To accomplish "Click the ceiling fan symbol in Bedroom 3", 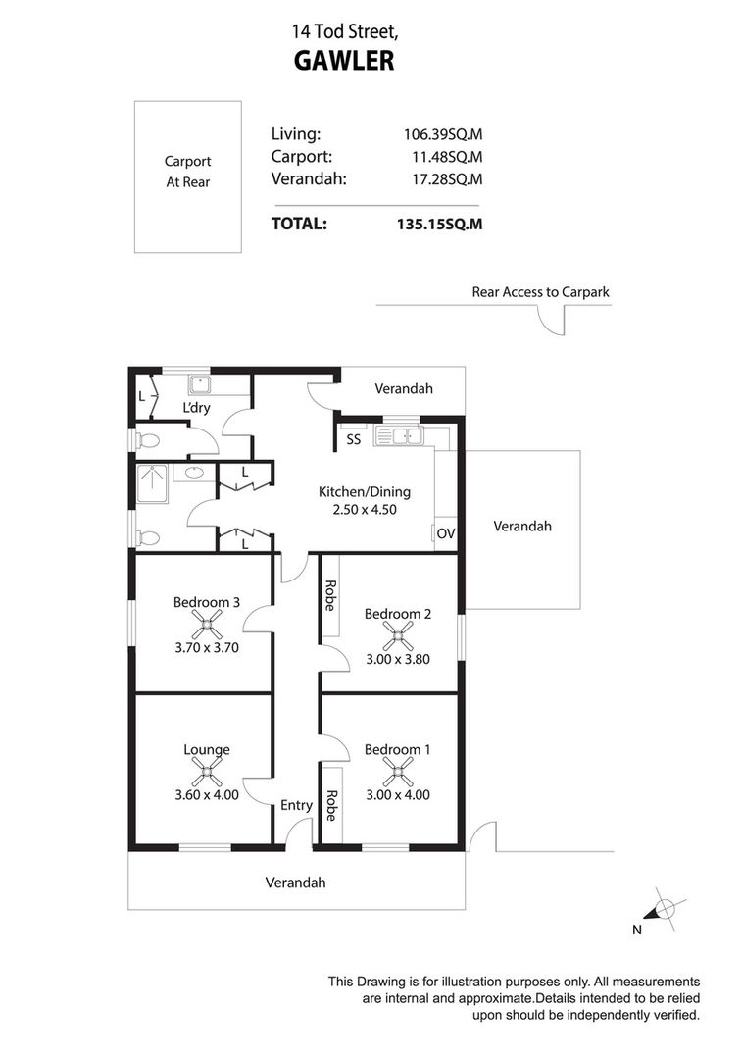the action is click(207, 625).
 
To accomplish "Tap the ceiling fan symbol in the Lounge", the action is click(207, 772).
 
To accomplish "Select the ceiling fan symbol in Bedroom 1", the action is click(398, 772).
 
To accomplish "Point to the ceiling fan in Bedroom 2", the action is click(398, 636).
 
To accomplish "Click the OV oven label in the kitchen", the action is click(446, 533).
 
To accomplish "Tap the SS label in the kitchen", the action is click(354, 439).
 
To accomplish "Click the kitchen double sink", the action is click(400, 436).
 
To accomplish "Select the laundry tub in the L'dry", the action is click(200, 385).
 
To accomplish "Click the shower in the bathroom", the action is click(152, 483).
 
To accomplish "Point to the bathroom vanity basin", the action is click(195, 472).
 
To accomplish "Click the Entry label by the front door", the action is click(296, 805).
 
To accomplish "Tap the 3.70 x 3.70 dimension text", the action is click(207, 647).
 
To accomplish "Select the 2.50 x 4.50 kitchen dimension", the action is click(365, 510).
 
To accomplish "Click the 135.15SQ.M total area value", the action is click(439, 225).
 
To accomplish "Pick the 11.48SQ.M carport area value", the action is click(447, 157).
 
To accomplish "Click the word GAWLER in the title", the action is click(344, 61).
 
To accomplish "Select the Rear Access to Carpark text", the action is click(541, 292).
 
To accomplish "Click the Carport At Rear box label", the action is click(187, 172).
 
